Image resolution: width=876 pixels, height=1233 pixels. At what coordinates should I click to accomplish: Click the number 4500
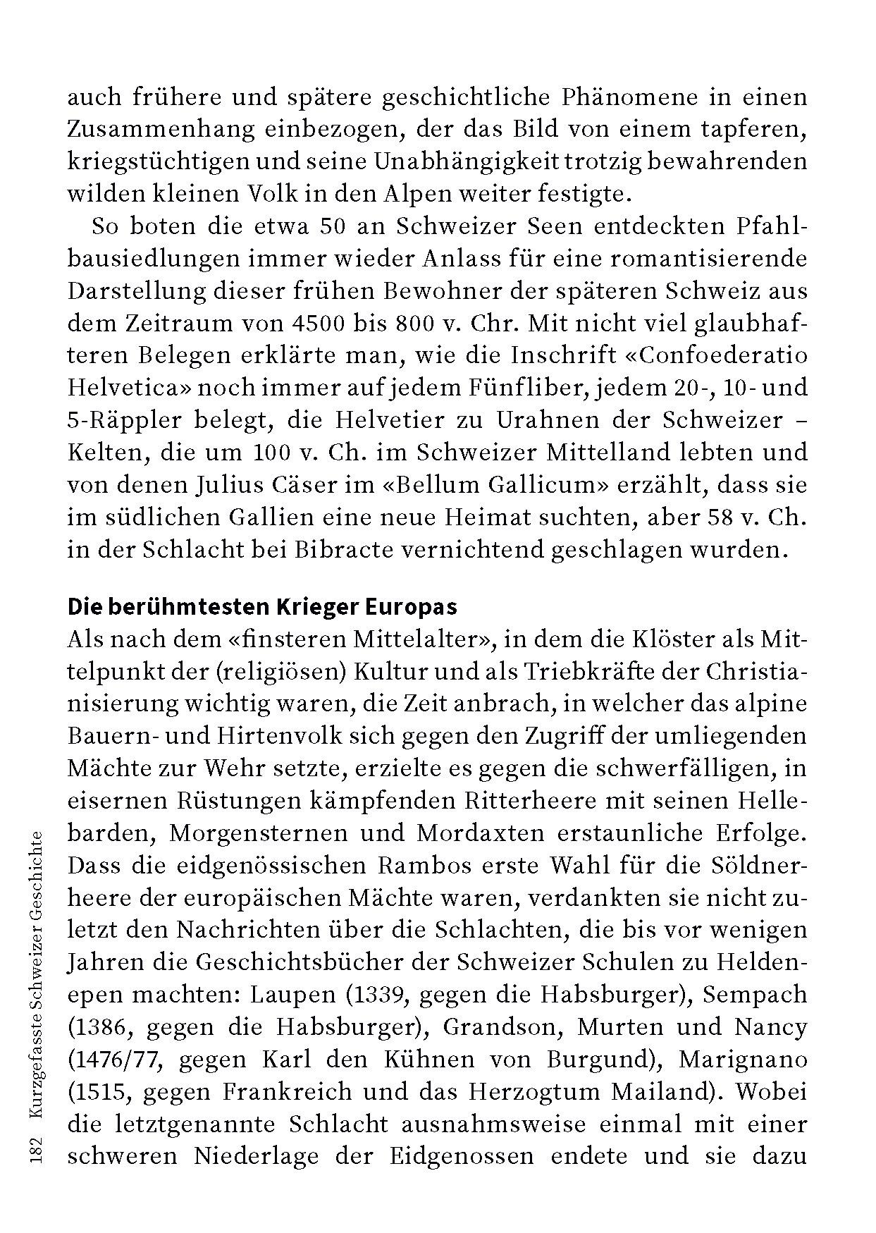317,324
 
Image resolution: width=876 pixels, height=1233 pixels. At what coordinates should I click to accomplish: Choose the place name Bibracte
344,550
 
